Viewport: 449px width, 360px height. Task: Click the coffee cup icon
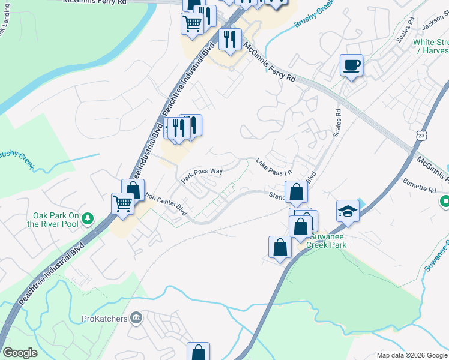pyautogui.click(x=351, y=65)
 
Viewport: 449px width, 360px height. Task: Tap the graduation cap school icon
pyautogui.click(x=348, y=211)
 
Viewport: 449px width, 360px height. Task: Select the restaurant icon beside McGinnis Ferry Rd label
pyautogui.click(x=230, y=40)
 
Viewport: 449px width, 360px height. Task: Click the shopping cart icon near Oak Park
pyautogui.click(x=123, y=203)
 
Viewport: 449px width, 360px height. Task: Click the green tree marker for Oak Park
pyautogui.click(x=88, y=217)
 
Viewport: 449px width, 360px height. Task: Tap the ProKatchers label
pyautogui.click(x=106, y=317)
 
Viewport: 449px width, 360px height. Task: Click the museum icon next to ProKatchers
pyautogui.click(x=136, y=317)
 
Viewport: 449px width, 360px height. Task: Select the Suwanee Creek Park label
pyautogui.click(x=327, y=241)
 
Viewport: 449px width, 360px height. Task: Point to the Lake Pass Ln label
pyautogui.click(x=273, y=167)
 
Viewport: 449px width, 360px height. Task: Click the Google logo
pyautogui.click(x=19, y=353)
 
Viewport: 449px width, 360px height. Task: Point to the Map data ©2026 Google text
pyautogui.click(x=411, y=355)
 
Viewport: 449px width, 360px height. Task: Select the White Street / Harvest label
pyautogui.click(x=431, y=47)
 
